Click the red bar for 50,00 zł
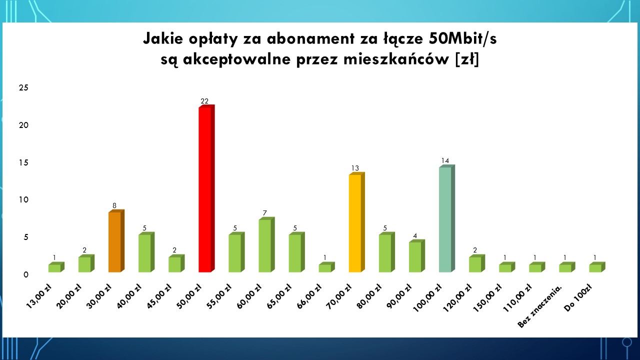(206, 188)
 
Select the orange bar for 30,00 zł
(116, 241)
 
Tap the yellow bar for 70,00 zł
(357, 222)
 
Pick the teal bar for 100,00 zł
(447, 218)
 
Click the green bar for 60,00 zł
(266, 245)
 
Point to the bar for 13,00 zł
(56, 267)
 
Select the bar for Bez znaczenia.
(567, 267)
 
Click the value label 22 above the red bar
(204, 101)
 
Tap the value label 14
(445, 161)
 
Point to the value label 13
(355, 168)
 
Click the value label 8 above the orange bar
(114, 205)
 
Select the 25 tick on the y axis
(23, 87)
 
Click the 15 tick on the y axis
(23, 162)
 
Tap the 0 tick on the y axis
(26, 275)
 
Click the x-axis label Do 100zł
(577, 298)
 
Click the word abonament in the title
(311, 39)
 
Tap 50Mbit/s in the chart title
(463, 39)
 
